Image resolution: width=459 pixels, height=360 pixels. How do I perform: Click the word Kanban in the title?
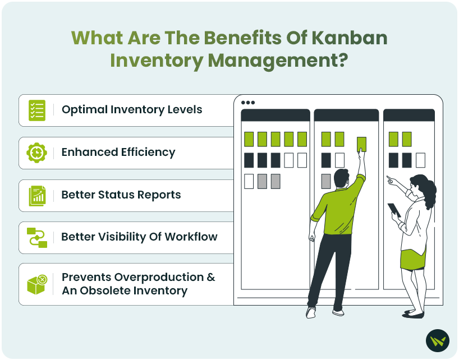click(x=349, y=38)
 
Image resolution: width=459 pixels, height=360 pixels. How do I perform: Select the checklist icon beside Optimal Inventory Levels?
click(x=37, y=110)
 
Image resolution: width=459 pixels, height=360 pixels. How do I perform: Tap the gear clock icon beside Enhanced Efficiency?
click(x=36, y=153)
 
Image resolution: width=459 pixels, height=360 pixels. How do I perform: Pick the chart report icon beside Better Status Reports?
click(x=37, y=196)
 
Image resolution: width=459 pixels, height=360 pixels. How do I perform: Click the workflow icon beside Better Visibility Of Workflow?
click(x=37, y=237)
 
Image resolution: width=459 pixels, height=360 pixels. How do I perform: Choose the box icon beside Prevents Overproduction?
click(x=37, y=284)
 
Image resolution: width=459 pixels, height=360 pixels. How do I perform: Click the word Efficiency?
click(x=148, y=153)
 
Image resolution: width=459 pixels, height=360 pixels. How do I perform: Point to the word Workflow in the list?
click(x=191, y=237)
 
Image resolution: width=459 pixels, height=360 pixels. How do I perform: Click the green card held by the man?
click(x=361, y=144)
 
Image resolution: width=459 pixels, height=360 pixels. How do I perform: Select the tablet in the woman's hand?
click(x=394, y=210)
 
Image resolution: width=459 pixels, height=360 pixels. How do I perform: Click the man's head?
click(x=341, y=179)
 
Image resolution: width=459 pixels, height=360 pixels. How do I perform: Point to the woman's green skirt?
click(x=413, y=260)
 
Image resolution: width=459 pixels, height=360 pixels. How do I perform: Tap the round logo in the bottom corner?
click(x=437, y=341)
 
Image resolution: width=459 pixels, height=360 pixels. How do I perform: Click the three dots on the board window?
click(x=248, y=103)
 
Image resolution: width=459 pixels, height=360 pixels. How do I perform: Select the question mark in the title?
click(x=341, y=60)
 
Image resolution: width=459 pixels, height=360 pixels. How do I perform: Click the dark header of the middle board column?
click(x=346, y=115)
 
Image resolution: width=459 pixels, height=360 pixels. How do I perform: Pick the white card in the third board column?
click(x=420, y=160)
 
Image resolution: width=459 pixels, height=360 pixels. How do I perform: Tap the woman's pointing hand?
click(x=391, y=179)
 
